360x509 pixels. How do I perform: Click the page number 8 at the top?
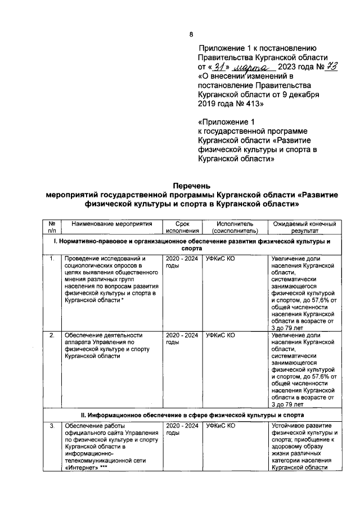coord(191,34)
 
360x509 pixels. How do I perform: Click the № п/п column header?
coord(52,227)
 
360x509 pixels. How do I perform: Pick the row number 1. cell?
coord(52,259)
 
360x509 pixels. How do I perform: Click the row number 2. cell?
coord(52,335)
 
